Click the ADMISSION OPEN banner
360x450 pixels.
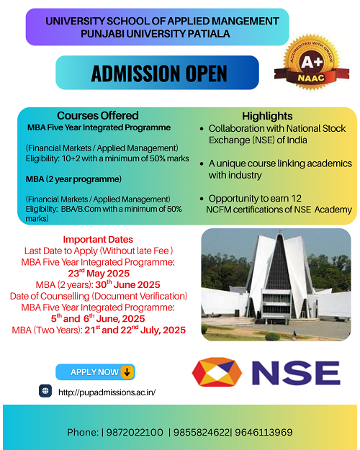pyautogui.click(x=157, y=72)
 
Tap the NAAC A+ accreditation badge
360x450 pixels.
pyautogui.click(x=312, y=63)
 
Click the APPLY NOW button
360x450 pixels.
pyautogui.click(x=95, y=372)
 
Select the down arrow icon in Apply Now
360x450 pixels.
pyautogui.click(x=127, y=372)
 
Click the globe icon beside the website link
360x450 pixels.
pyautogui.click(x=45, y=391)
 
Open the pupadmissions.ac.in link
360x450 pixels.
pyautogui.click(x=107, y=392)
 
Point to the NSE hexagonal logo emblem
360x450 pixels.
pyautogui.click(x=217, y=372)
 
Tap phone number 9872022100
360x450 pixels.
pyautogui.click(x=135, y=432)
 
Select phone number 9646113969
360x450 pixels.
pyautogui.click(x=264, y=432)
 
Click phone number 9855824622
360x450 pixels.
pyautogui.click(x=202, y=432)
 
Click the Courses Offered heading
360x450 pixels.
pyautogui.click(x=98, y=116)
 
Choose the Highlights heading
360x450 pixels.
pyautogui.click(x=267, y=116)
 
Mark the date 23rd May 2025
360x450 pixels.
pyautogui.click(x=99, y=273)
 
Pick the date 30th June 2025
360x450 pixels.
pyautogui.click(x=127, y=284)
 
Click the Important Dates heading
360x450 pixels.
pyautogui.click(x=98, y=239)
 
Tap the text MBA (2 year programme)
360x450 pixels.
pyautogui.click(x=73, y=179)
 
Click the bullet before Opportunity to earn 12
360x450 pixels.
pyautogui.click(x=202, y=199)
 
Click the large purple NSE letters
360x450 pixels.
pyautogui.click(x=296, y=373)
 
